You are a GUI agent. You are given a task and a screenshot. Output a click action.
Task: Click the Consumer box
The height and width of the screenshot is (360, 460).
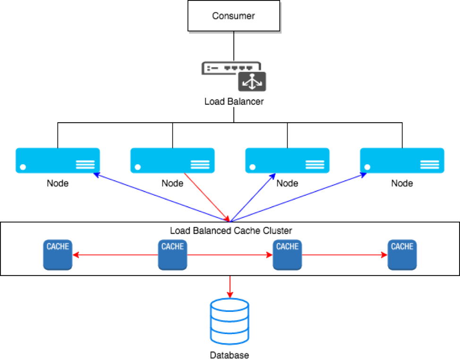click(x=234, y=16)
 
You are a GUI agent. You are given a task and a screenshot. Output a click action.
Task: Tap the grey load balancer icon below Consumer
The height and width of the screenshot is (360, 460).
click(x=234, y=75)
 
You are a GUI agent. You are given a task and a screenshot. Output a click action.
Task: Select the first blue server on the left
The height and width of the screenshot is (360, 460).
click(x=58, y=160)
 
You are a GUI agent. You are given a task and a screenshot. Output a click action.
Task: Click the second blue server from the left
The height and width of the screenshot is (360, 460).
click(x=172, y=160)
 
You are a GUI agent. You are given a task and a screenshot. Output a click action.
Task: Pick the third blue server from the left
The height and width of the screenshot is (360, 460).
click(x=287, y=160)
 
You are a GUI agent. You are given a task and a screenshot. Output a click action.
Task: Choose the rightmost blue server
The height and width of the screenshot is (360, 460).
click(x=402, y=160)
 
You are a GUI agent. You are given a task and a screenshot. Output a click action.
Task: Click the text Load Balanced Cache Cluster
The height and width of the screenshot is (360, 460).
click(x=231, y=231)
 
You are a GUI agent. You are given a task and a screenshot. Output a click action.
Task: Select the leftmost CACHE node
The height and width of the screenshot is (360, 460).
click(x=58, y=255)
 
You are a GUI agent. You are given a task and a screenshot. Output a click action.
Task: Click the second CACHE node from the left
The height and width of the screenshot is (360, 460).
click(x=172, y=255)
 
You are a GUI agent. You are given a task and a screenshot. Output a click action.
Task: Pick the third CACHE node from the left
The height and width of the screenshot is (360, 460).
click(x=287, y=255)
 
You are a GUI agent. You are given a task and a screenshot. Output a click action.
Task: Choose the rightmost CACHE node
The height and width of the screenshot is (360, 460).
click(x=402, y=255)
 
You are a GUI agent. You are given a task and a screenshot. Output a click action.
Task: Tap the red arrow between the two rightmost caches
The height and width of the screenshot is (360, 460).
click(x=345, y=255)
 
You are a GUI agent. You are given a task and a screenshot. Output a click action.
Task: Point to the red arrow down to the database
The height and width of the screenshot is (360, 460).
click(x=230, y=286)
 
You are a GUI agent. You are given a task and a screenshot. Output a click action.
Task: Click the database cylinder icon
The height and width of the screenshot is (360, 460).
click(x=230, y=322)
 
